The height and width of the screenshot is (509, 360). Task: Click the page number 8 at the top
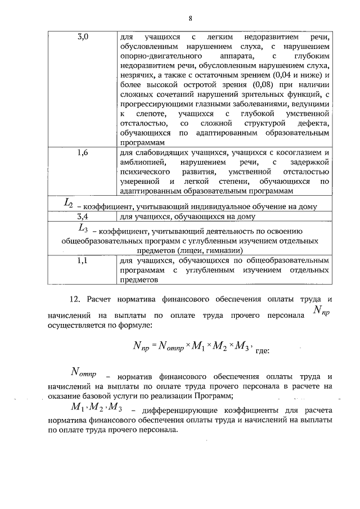191,18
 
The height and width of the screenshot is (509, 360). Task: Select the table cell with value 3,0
82,37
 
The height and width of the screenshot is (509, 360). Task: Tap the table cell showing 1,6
82,152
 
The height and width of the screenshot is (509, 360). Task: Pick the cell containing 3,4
82,216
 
